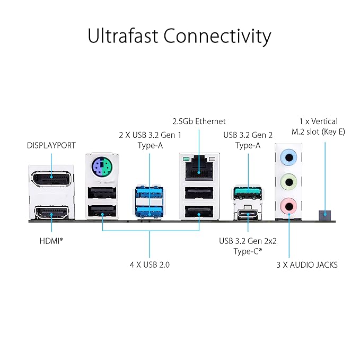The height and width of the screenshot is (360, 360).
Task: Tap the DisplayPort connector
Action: click(52, 178)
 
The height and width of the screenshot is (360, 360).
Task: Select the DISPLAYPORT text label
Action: click(51, 145)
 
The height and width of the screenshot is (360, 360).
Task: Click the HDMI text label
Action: click(51, 240)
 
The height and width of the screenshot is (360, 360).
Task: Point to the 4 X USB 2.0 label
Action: click(150, 264)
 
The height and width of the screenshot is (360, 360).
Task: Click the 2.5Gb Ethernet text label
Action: click(199, 121)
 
